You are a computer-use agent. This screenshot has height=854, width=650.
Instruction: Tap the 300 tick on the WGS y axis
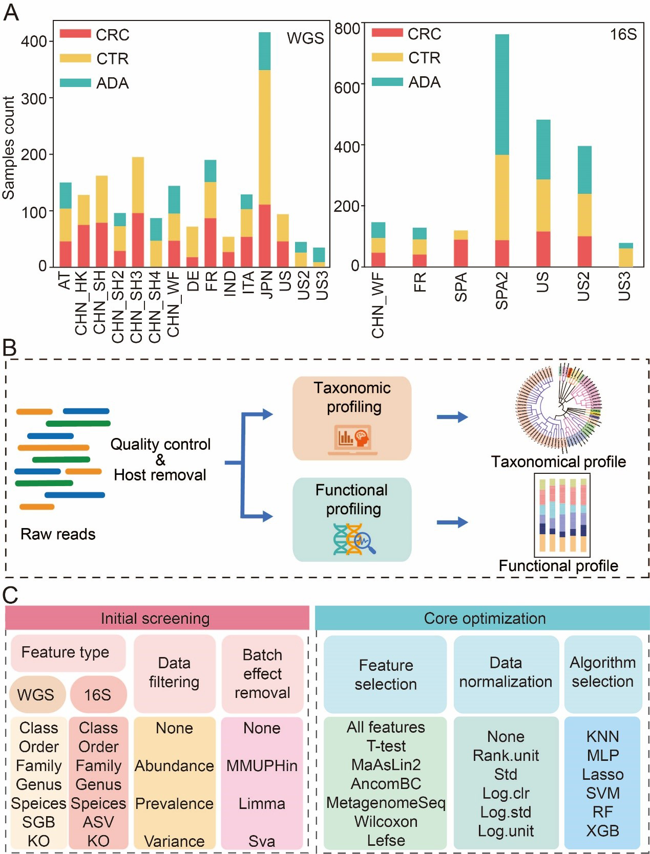34,98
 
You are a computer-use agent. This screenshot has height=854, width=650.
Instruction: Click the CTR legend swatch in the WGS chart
75,58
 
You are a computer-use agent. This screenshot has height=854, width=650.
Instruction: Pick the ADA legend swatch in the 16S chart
387,82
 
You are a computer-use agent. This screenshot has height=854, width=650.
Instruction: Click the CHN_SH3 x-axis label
137,307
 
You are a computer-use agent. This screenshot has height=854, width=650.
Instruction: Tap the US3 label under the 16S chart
624,287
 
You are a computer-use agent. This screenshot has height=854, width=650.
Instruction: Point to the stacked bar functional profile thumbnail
562,515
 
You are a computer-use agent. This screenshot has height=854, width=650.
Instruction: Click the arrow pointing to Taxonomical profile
452,417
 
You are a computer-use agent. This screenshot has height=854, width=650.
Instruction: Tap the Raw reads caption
58,534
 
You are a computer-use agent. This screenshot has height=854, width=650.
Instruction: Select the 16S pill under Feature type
98,694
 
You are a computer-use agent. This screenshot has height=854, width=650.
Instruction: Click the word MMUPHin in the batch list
262,765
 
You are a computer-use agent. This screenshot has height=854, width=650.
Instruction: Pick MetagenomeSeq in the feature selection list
386,802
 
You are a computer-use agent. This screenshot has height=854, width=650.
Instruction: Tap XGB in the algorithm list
602,830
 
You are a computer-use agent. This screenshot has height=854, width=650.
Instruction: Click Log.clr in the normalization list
506,793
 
